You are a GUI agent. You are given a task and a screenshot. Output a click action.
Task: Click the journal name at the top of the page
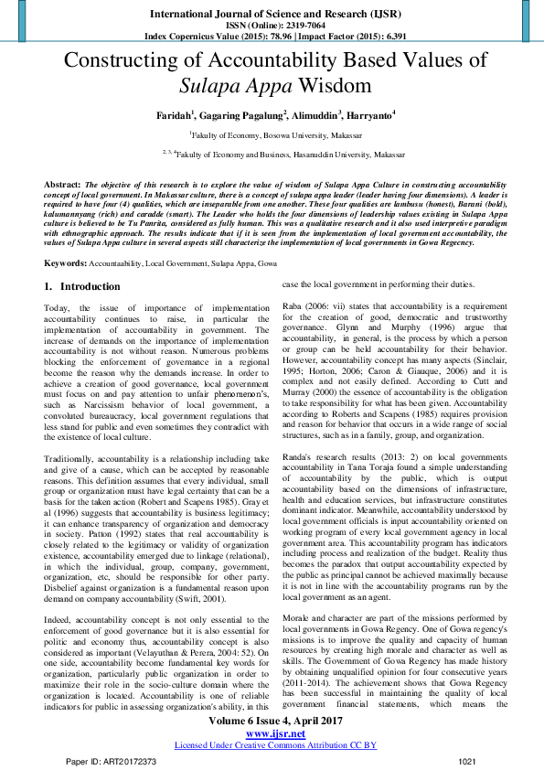point(272,15)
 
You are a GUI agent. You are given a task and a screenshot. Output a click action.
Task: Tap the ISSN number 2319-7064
point(291,26)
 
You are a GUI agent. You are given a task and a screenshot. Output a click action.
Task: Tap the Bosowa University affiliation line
point(272,134)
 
